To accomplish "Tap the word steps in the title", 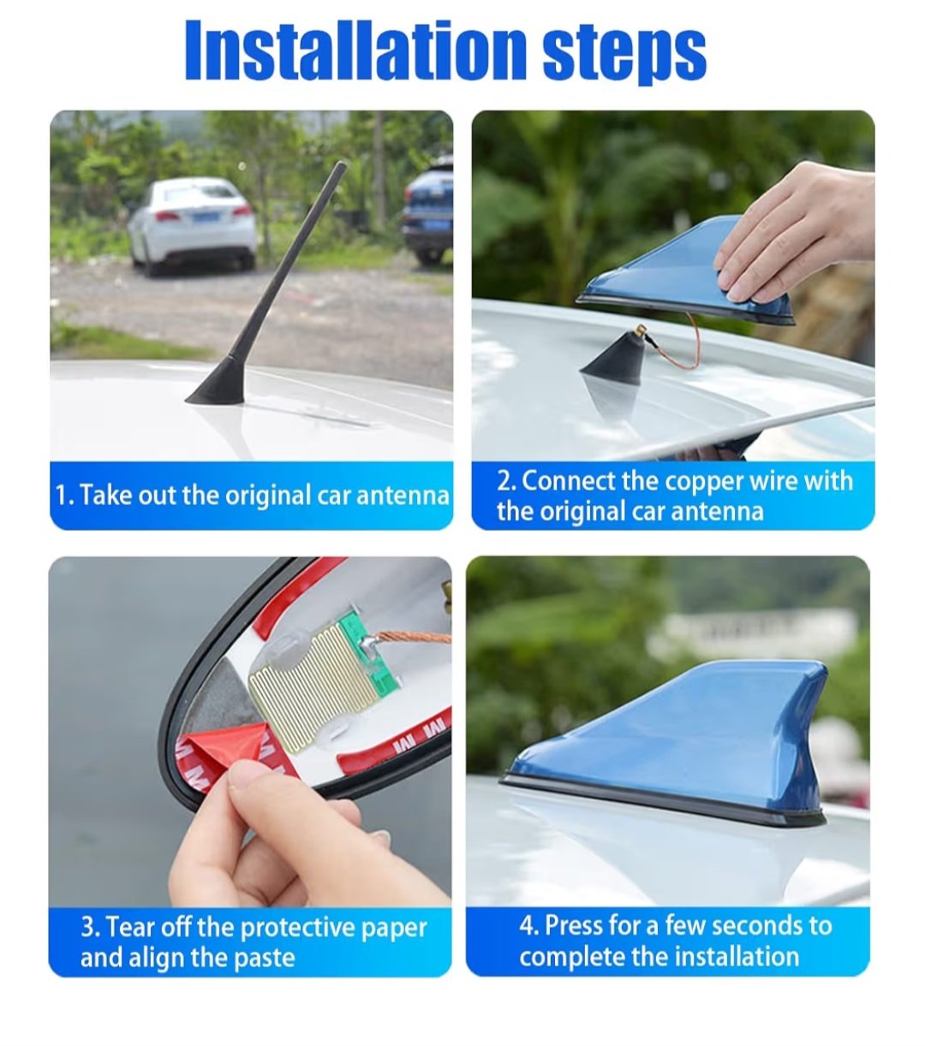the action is click(x=624, y=54).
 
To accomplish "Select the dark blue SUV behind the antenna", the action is click(x=428, y=213).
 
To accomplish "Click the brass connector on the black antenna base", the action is click(x=642, y=330).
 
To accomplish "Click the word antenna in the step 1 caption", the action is click(x=403, y=496).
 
